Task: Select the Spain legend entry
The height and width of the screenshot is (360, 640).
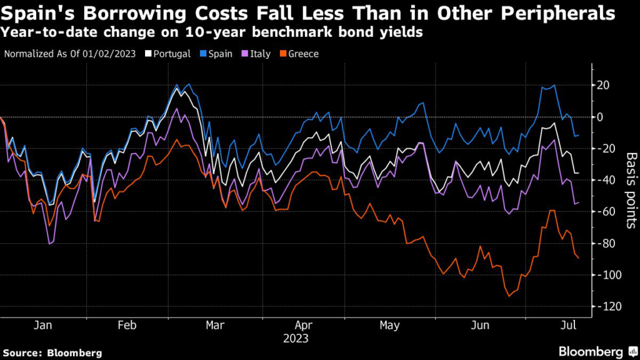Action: [219, 54]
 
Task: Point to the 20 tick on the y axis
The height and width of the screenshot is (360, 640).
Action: [604, 86]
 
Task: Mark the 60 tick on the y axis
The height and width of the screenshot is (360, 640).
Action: [604, 212]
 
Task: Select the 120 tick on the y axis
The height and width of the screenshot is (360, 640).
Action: [606, 306]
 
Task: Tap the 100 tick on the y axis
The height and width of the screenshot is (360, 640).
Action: [606, 275]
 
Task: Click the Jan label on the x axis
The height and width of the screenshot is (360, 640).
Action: [42, 326]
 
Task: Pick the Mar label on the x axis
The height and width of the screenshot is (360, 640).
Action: [216, 326]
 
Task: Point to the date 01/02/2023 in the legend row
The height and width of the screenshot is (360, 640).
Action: [114, 54]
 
